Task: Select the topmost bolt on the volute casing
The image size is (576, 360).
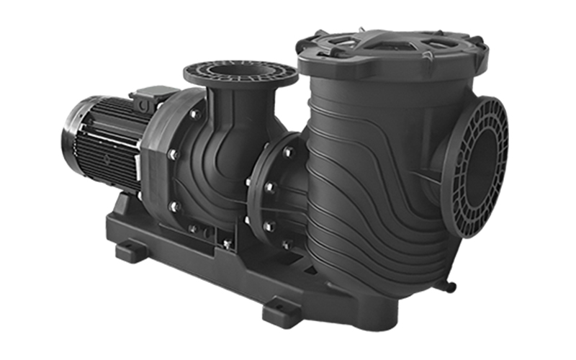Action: (194, 114)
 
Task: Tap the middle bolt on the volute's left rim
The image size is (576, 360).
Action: (172, 154)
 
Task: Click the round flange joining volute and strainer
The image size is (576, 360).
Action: (270, 187)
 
